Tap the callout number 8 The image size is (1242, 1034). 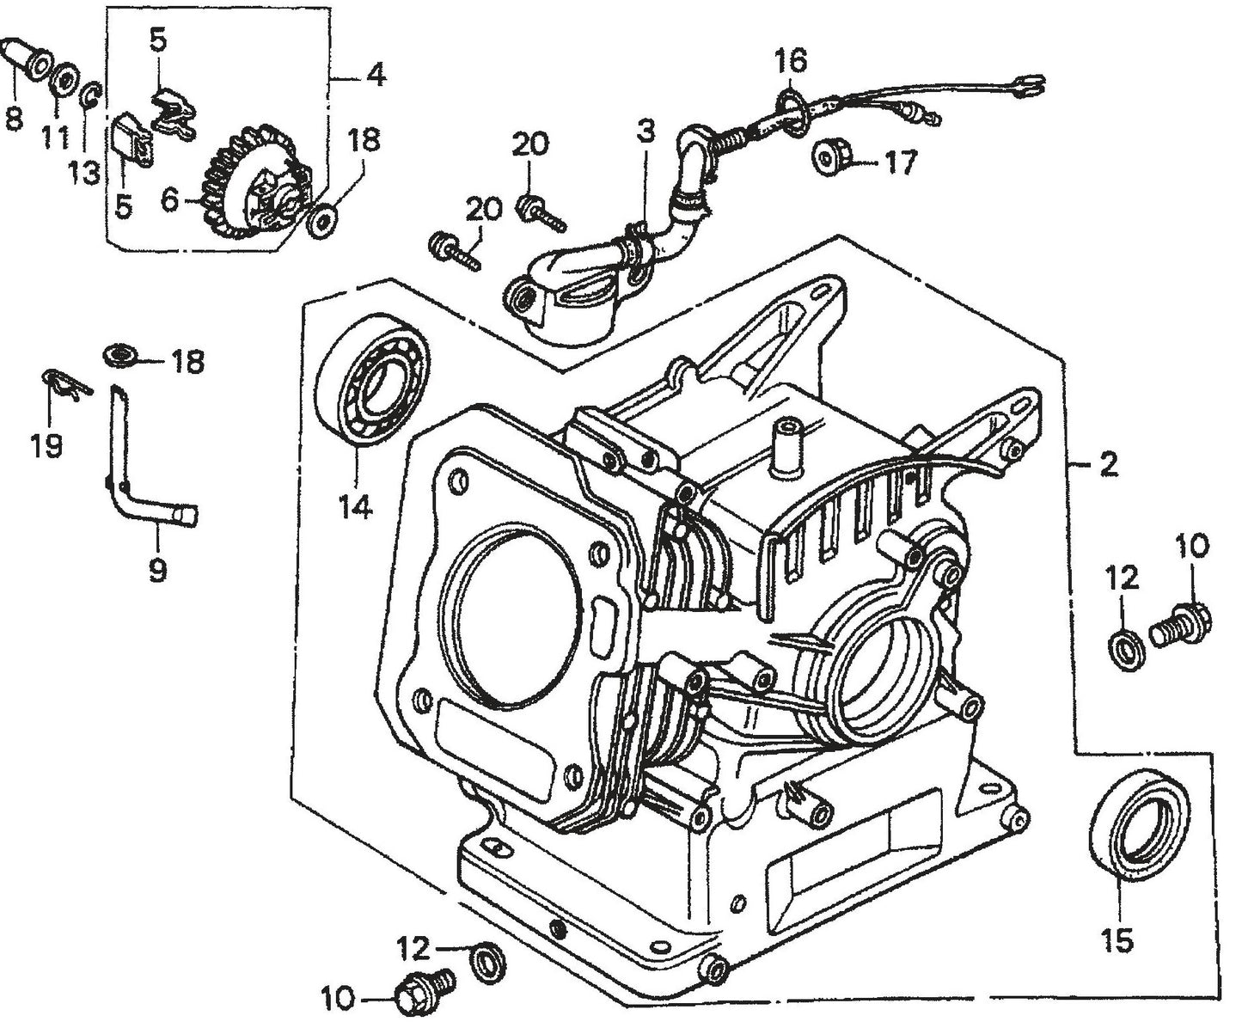pos(13,118)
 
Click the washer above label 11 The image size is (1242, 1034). pos(64,82)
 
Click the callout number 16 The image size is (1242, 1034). pos(790,61)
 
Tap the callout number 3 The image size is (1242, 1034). pos(645,132)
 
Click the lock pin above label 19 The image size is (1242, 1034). pos(64,384)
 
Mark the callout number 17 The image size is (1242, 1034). pos(901,162)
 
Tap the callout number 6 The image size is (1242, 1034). pos(168,200)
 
